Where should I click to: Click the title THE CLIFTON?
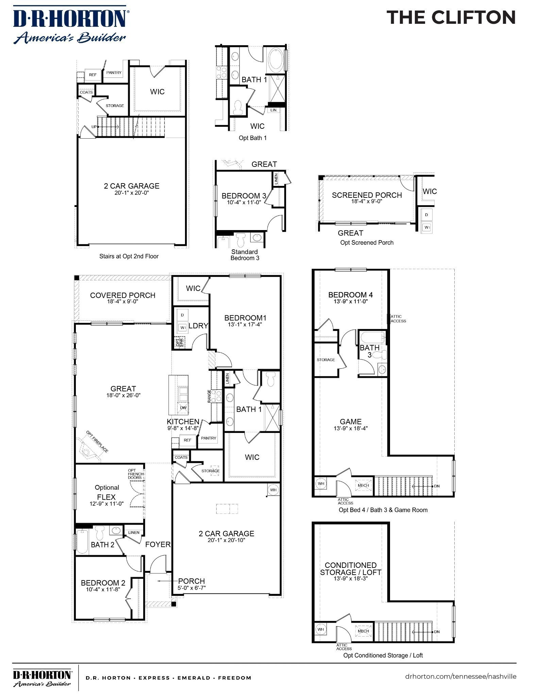pyautogui.click(x=451, y=17)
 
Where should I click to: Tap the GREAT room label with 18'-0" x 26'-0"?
pyautogui.click(x=123, y=389)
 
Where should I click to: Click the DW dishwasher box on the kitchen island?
pyautogui.click(x=183, y=408)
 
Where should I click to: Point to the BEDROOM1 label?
pyautogui.click(x=245, y=318)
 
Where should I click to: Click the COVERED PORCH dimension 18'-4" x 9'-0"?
pyautogui.click(x=122, y=301)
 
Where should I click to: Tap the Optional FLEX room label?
pyautogui.click(x=107, y=492)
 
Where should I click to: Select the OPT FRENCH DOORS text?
pyautogui.click(x=135, y=474)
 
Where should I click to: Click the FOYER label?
pyautogui.click(x=158, y=544)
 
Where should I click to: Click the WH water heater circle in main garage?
pyautogui.click(x=273, y=490)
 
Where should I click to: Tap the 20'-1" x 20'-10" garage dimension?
pyautogui.click(x=226, y=540)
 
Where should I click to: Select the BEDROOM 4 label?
pyautogui.click(x=350, y=295)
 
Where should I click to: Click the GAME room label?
pyautogui.click(x=350, y=422)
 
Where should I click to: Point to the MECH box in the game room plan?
pyautogui.click(x=363, y=485)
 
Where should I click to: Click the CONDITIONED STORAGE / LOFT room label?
pyautogui.click(x=350, y=569)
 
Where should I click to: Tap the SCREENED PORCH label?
pyautogui.click(x=367, y=195)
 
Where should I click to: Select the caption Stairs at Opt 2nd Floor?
pyautogui.click(x=129, y=256)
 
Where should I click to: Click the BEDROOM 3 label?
pyautogui.click(x=243, y=196)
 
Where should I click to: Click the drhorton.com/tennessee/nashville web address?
pyautogui.click(x=460, y=676)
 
